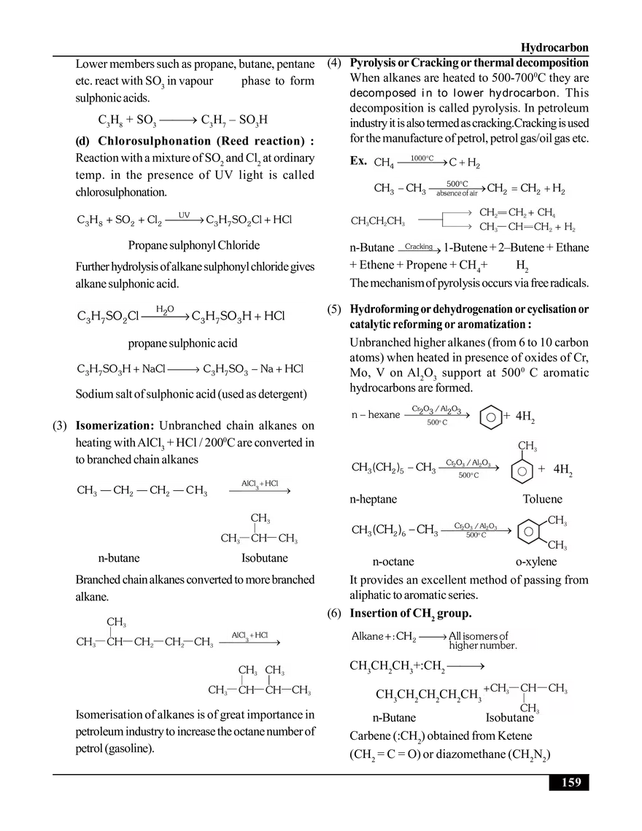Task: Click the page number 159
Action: tap(571, 782)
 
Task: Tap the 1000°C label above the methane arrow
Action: tap(422, 158)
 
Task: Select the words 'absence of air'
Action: tap(457, 193)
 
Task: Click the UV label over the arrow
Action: tap(184, 215)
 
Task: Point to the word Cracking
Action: tap(419, 247)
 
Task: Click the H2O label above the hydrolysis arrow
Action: tap(165, 310)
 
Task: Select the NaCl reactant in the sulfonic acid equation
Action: tap(154, 369)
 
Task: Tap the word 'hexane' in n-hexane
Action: tap(384, 414)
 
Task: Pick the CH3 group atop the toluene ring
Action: tap(527, 447)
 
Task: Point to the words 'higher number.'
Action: tap(483, 646)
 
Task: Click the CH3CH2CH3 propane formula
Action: tap(379, 221)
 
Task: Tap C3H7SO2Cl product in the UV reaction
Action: tap(233, 220)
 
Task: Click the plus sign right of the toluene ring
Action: tap(541, 468)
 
